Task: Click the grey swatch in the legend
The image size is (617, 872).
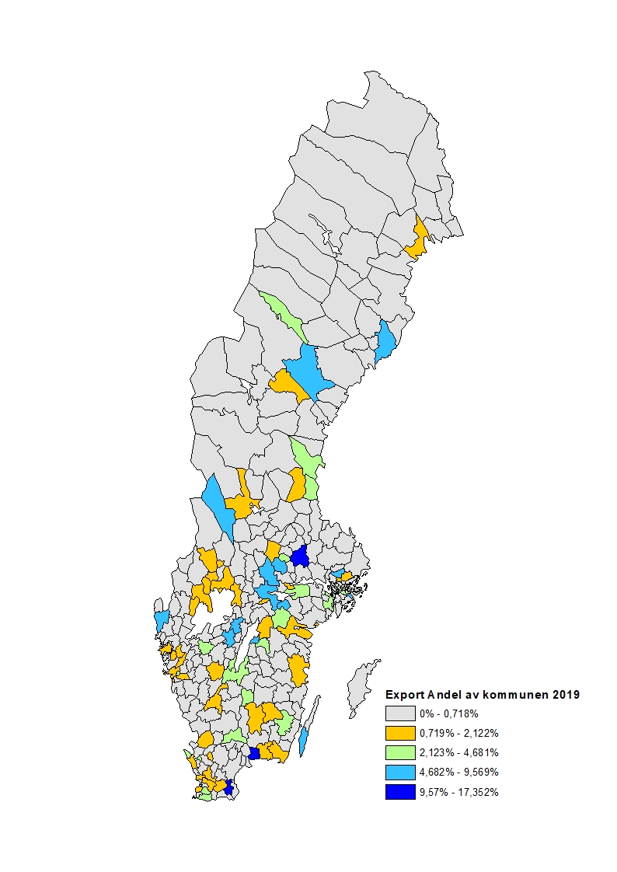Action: pyautogui.click(x=400, y=713)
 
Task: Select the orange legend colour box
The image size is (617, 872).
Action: pyautogui.click(x=400, y=733)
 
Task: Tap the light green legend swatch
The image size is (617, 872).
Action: pyautogui.click(x=400, y=752)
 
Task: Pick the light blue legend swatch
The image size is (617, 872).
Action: pyautogui.click(x=400, y=773)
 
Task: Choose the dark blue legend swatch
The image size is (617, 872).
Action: pyautogui.click(x=400, y=792)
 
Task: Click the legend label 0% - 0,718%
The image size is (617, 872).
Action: pyautogui.click(x=448, y=713)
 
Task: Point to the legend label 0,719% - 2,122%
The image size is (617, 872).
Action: pyautogui.click(x=458, y=733)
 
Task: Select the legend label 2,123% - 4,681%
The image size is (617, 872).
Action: pyautogui.click(x=458, y=752)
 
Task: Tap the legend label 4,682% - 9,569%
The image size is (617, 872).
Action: pyautogui.click(x=458, y=773)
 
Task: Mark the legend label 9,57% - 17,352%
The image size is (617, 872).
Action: pyautogui.click(x=458, y=792)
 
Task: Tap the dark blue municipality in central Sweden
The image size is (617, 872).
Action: pyautogui.click(x=300, y=556)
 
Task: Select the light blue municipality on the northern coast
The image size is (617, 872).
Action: pyautogui.click(x=385, y=342)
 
